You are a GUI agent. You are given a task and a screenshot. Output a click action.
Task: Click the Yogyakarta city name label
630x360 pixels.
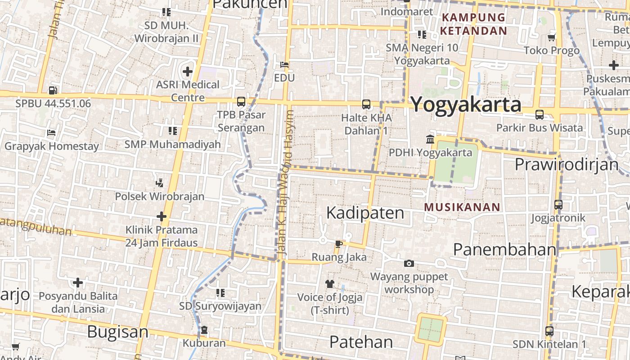point(466,104)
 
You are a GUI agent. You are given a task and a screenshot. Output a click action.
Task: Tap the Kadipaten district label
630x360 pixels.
point(365,213)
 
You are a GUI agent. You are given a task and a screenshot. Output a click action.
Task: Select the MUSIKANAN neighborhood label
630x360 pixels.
point(462,207)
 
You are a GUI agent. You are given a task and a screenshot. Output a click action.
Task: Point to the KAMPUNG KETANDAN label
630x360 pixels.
point(473,24)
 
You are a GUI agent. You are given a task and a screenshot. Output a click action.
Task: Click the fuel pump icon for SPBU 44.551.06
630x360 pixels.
point(53,90)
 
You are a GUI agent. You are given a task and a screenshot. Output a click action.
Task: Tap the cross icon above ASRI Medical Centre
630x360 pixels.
point(188,71)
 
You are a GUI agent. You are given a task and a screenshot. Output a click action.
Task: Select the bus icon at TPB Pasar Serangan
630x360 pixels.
point(241,102)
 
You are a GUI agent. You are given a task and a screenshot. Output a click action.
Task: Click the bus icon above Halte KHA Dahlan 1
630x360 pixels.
point(366,104)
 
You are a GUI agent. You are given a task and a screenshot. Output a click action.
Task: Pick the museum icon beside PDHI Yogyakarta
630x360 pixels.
point(430,139)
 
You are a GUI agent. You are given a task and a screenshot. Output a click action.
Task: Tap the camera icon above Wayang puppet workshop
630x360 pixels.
point(409,263)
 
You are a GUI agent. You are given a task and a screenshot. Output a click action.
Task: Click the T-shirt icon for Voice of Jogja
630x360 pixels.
point(330,284)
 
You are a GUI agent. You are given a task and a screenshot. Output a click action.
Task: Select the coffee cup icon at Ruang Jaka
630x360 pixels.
point(338,244)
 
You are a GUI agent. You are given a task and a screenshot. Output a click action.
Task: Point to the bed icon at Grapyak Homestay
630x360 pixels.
point(51,133)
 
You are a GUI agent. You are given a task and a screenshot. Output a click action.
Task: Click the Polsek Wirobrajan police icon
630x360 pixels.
point(159,183)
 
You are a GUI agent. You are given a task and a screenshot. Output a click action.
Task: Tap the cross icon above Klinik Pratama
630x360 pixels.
point(162,216)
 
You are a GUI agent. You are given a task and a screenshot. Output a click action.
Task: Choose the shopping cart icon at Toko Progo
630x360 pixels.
point(552,37)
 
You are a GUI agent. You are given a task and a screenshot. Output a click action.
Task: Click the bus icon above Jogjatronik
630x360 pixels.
point(558,205)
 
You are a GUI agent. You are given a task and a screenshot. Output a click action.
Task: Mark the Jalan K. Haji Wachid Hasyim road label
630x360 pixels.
point(286,184)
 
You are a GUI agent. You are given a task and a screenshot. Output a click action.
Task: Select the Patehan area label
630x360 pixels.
point(361,342)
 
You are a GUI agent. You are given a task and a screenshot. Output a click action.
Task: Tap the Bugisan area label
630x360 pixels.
point(117,332)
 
